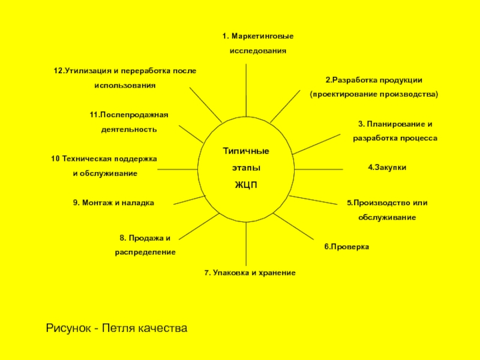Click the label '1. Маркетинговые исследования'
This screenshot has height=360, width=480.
(x=258, y=44)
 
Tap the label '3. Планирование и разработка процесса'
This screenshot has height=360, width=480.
(x=395, y=131)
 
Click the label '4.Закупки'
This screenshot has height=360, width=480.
(x=387, y=168)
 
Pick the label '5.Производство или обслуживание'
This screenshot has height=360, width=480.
(x=387, y=209)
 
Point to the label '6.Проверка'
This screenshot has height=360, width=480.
(x=347, y=247)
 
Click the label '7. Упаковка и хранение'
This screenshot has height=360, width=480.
(x=250, y=273)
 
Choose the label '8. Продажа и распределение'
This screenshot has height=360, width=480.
(x=145, y=245)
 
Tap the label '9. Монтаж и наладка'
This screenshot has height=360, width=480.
(x=113, y=203)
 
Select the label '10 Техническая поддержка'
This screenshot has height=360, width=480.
(x=104, y=158)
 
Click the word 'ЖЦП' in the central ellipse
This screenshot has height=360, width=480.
(x=245, y=184)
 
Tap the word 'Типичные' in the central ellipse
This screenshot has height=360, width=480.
(x=246, y=150)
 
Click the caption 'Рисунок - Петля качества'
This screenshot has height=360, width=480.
(x=117, y=328)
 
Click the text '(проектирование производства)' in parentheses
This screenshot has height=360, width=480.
(x=374, y=95)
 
